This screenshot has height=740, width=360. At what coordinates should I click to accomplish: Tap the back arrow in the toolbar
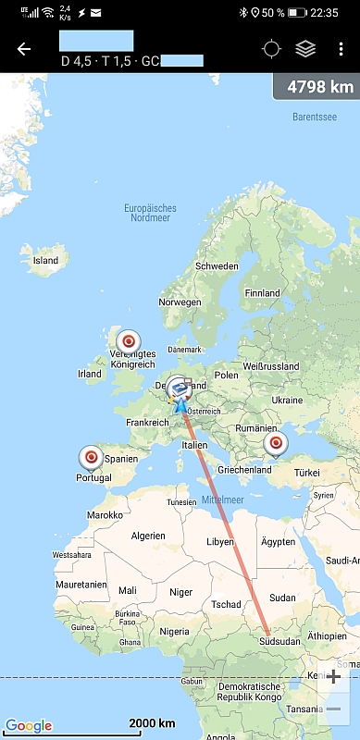[x=23, y=49]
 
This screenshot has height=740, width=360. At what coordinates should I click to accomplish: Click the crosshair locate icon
[x=271, y=49]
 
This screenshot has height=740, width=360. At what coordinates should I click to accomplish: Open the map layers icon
[x=305, y=49]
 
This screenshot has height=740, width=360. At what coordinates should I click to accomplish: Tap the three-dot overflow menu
[x=341, y=49]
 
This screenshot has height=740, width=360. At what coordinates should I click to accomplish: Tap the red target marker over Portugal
[x=91, y=457]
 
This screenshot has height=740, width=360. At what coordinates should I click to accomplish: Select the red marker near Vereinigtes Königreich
[x=129, y=340]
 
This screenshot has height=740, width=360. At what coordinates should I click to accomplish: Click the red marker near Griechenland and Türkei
[x=275, y=444]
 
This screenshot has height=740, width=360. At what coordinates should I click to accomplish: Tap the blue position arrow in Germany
[x=180, y=403]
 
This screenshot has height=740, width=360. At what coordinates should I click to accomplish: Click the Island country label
[x=45, y=261]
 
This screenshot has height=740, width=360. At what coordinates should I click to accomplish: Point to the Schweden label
[x=216, y=266]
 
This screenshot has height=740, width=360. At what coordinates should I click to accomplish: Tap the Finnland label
[x=261, y=293]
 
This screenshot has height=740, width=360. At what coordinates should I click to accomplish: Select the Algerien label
[x=149, y=536]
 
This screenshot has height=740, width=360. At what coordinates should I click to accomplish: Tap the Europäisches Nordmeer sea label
[x=150, y=214]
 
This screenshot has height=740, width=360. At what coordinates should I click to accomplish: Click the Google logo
[x=29, y=725]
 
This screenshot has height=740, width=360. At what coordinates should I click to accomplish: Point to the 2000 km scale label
[x=153, y=722]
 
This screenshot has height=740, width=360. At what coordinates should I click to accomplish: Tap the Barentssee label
[x=316, y=117]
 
